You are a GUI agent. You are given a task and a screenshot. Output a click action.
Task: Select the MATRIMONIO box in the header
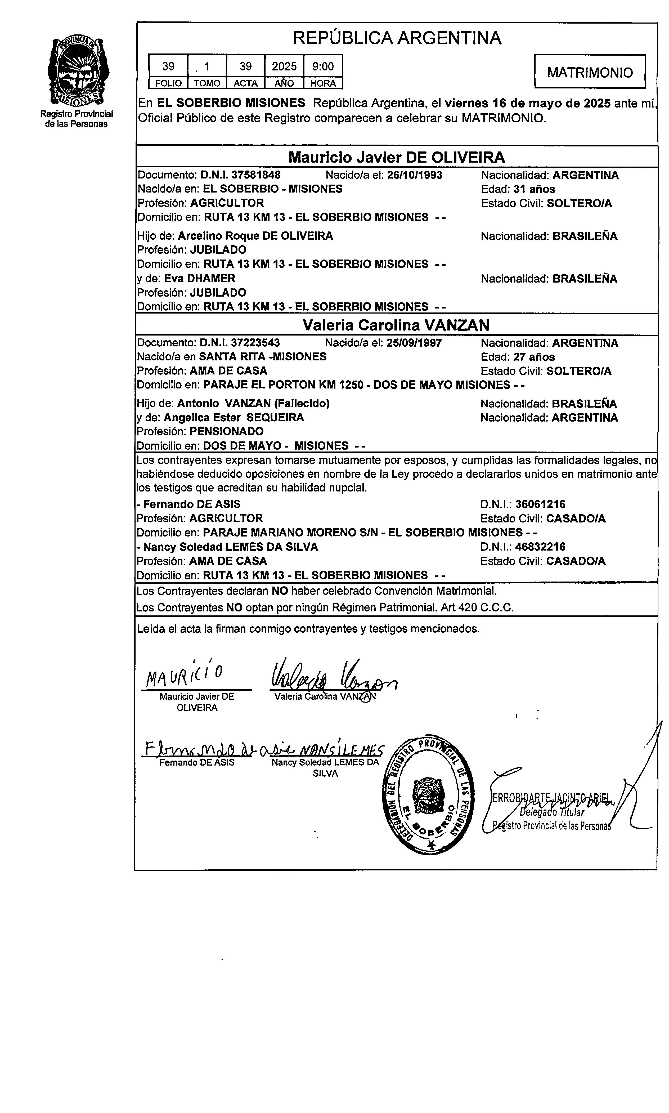pos(590,72)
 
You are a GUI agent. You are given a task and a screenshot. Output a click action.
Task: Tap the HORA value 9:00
pos(323,67)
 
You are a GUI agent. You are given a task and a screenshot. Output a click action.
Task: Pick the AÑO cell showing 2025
pos(284,67)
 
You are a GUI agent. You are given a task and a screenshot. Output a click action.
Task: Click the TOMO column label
pos(207,83)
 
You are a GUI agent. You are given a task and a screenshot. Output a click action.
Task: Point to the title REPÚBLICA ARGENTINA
pos(397,38)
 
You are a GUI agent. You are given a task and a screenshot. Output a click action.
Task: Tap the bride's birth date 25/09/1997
pos(414,343)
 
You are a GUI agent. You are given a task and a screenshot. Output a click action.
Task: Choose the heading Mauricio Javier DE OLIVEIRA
pos(396,157)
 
